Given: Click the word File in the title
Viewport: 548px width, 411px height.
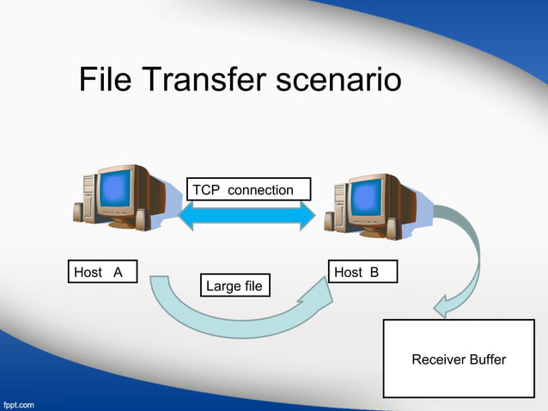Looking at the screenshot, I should point(107,80).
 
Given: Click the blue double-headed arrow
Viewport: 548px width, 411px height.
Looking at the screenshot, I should point(247,216).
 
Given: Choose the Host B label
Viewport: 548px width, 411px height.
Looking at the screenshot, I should point(363,272).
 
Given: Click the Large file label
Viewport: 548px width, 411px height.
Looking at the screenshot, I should point(234,285).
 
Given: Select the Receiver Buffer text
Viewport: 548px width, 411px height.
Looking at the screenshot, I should point(459,359).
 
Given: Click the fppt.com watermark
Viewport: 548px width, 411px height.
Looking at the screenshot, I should point(19,403).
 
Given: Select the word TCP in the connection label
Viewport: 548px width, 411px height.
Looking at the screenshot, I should point(206,189).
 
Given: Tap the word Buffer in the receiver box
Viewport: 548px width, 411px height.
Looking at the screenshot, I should point(486,359).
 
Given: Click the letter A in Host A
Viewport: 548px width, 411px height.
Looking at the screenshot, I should point(118,272).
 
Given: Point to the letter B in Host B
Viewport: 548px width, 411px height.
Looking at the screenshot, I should point(374,272).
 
